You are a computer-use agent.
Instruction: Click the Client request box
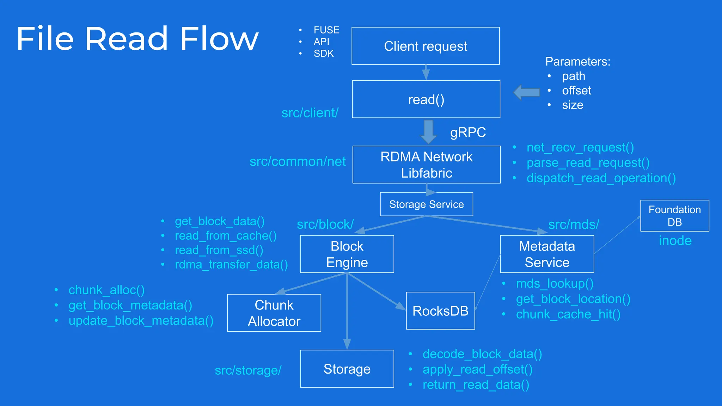tap(426, 46)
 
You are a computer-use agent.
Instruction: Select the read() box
tap(426, 99)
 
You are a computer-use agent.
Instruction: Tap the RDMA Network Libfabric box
tap(426, 165)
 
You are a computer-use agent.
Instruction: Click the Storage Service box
tap(426, 204)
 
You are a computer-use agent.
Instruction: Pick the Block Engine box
tap(347, 254)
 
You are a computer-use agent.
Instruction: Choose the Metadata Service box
tap(547, 254)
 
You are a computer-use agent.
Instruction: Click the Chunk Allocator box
tap(274, 313)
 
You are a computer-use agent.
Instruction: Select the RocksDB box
tap(440, 311)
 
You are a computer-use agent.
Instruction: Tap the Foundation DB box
tap(674, 216)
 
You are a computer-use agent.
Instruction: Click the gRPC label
tap(468, 133)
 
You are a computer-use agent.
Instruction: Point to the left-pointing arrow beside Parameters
tap(526, 92)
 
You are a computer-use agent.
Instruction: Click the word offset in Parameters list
tap(576, 91)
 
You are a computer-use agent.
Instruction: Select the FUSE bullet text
tap(326, 30)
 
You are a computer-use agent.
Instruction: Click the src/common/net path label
tap(298, 161)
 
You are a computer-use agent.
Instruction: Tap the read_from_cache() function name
tap(226, 236)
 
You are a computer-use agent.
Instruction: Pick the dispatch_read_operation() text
tap(601, 178)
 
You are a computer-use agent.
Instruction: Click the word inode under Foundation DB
tap(675, 241)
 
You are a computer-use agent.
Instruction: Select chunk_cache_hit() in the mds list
tap(568, 314)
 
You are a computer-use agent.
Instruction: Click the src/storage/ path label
tap(248, 370)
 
